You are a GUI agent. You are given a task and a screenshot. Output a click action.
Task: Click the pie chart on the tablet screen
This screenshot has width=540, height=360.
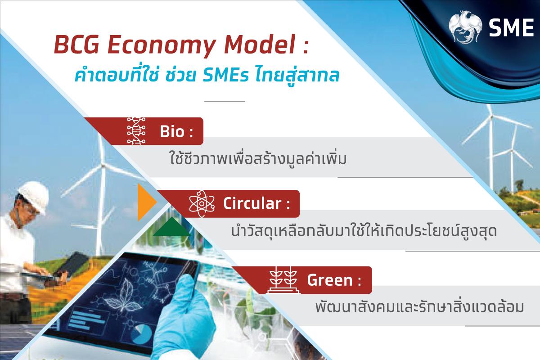click(x=143, y=334)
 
